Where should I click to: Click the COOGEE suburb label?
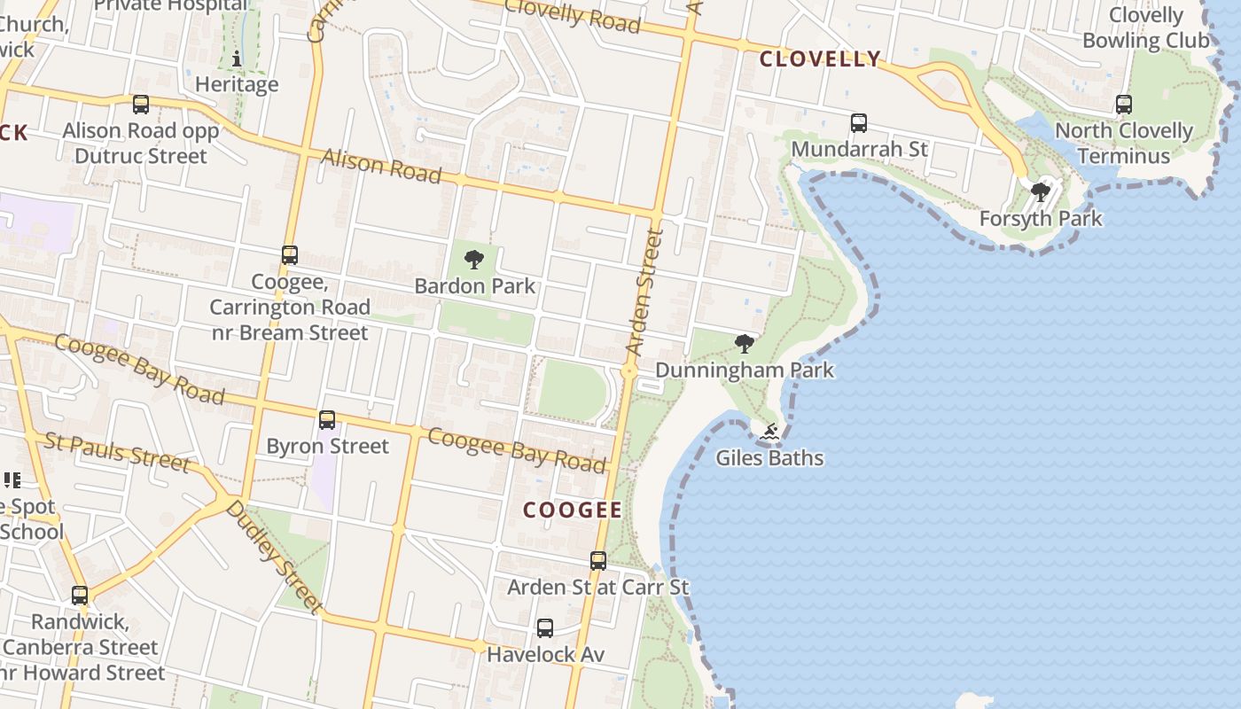573,510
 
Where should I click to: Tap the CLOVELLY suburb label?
821,59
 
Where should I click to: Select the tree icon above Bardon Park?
474,260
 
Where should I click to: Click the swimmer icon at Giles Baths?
769,432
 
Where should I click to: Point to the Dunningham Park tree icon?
745,343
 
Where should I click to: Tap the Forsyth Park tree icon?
1041,191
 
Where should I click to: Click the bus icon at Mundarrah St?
858,123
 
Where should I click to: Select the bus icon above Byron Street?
327,419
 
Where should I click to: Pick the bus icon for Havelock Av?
545,628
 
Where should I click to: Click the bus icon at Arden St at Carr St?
598,560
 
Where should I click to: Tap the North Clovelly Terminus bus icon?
1124,105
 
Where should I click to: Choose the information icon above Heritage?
237,59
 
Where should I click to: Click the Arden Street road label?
646,292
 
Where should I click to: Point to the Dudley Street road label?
274,557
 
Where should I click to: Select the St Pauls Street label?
116,452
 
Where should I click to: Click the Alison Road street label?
381,166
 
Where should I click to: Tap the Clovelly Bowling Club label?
1146,27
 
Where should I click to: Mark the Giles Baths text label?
769,458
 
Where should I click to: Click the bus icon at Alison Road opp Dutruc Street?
141,105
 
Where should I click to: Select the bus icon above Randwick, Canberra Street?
80,596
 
